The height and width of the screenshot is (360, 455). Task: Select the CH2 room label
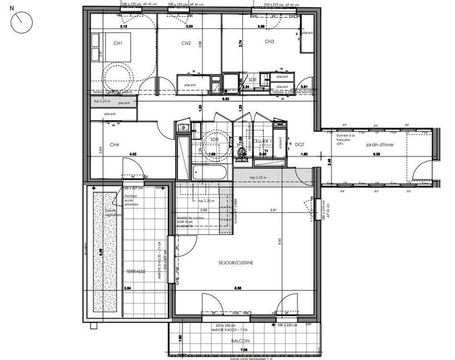coord(185,43)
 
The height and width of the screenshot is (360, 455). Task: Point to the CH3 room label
coord(270,42)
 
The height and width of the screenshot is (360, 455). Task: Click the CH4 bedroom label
coord(114,145)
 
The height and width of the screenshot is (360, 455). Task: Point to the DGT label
coord(300,144)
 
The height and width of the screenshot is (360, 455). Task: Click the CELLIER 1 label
coord(263,140)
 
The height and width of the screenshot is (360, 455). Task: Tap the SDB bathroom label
coord(214,139)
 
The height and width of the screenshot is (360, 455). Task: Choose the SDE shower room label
coord(253,80)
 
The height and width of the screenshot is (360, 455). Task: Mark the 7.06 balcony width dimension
coord(244,350)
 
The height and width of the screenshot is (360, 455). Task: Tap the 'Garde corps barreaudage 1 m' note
coord(251,358)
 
